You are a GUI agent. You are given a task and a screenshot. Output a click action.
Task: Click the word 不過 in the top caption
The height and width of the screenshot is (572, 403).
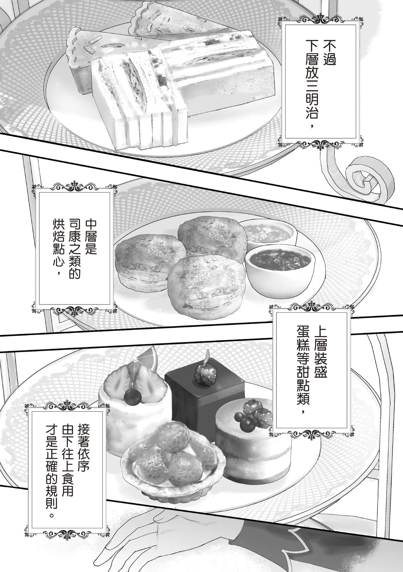[329, 53]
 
